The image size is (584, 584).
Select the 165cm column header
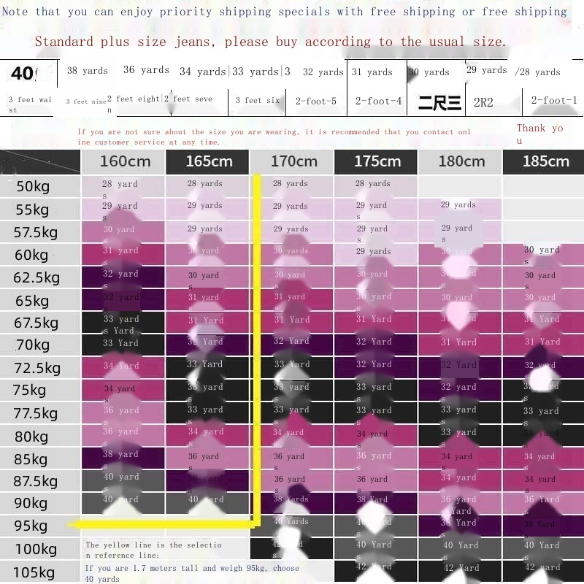coord(208,161)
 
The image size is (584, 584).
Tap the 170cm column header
coord(293,161)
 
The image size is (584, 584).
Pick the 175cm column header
coord(377,161)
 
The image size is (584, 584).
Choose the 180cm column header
coord(461,161)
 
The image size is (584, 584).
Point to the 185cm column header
coord(545,161)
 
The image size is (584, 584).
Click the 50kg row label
coord(33,187)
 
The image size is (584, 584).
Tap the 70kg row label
coord(33,345)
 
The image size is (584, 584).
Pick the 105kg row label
coord(33,572)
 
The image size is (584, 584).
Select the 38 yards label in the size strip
coord(87,71)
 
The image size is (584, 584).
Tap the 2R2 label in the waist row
coord(483,102)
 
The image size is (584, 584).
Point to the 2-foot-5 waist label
coord(316,101)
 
